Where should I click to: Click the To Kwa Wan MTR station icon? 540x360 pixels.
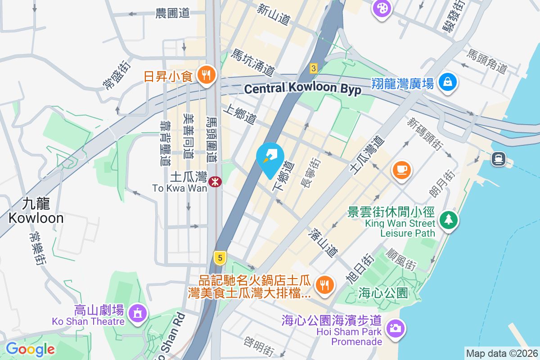pos(215,181)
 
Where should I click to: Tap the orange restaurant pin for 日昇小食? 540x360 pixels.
pos(207,75)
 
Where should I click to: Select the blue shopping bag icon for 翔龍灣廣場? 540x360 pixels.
pos(448,82)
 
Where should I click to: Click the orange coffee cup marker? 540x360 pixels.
pos(401,170)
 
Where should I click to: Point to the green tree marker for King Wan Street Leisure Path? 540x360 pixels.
pos(449,220)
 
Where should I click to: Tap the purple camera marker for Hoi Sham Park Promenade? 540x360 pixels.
pos(396,328)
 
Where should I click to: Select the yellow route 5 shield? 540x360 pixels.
pos(220,258)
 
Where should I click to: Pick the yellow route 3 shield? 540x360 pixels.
pos(314,68)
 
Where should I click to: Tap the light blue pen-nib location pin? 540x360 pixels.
pos(270,157)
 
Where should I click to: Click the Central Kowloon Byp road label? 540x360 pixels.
pos(302,88)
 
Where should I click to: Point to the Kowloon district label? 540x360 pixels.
pos(36,211)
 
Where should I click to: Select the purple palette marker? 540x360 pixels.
pos(382,8)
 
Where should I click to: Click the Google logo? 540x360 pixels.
pos(30,349)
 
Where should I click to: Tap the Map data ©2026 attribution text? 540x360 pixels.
pos(502,354)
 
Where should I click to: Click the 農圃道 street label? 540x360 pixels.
pos(172,13)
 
